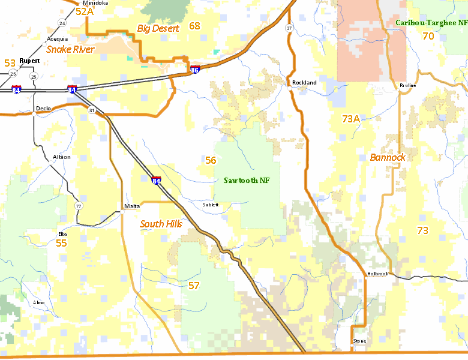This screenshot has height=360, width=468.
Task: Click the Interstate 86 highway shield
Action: [x=195, y=70]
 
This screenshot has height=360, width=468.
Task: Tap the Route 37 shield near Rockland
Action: [x=289, y=28]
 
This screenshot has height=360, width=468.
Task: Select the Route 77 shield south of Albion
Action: [x=79, y=206]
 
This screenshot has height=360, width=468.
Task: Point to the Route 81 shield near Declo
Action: [x=91, y=110]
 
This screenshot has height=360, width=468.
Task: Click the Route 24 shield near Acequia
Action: [x=62, y=23]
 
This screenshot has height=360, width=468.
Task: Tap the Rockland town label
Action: [x=304, y=82]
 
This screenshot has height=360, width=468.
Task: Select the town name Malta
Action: [x=132, y=206]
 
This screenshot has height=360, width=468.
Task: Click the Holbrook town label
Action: [x=378, y=274]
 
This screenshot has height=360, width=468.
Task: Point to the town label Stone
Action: [x=359, y=341]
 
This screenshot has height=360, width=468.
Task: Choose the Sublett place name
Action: [x=211, y=205]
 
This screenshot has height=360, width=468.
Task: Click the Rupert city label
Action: [x=29, y=61]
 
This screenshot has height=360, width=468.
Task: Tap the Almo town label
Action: [x=39, y=302]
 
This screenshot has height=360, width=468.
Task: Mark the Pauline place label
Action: [x=407, y=85]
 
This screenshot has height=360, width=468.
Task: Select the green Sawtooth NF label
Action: [x=247, y=180]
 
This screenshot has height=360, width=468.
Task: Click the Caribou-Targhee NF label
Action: [x=431, y=22]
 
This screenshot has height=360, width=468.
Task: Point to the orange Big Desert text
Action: [x=158, y=28]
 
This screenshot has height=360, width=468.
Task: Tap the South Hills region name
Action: [x=161, y=224]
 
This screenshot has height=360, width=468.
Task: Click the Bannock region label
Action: [x=388, y=157]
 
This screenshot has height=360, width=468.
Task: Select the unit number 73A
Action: [x=350, y=119]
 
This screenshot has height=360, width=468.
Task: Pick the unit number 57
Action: [x=194, y=285]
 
